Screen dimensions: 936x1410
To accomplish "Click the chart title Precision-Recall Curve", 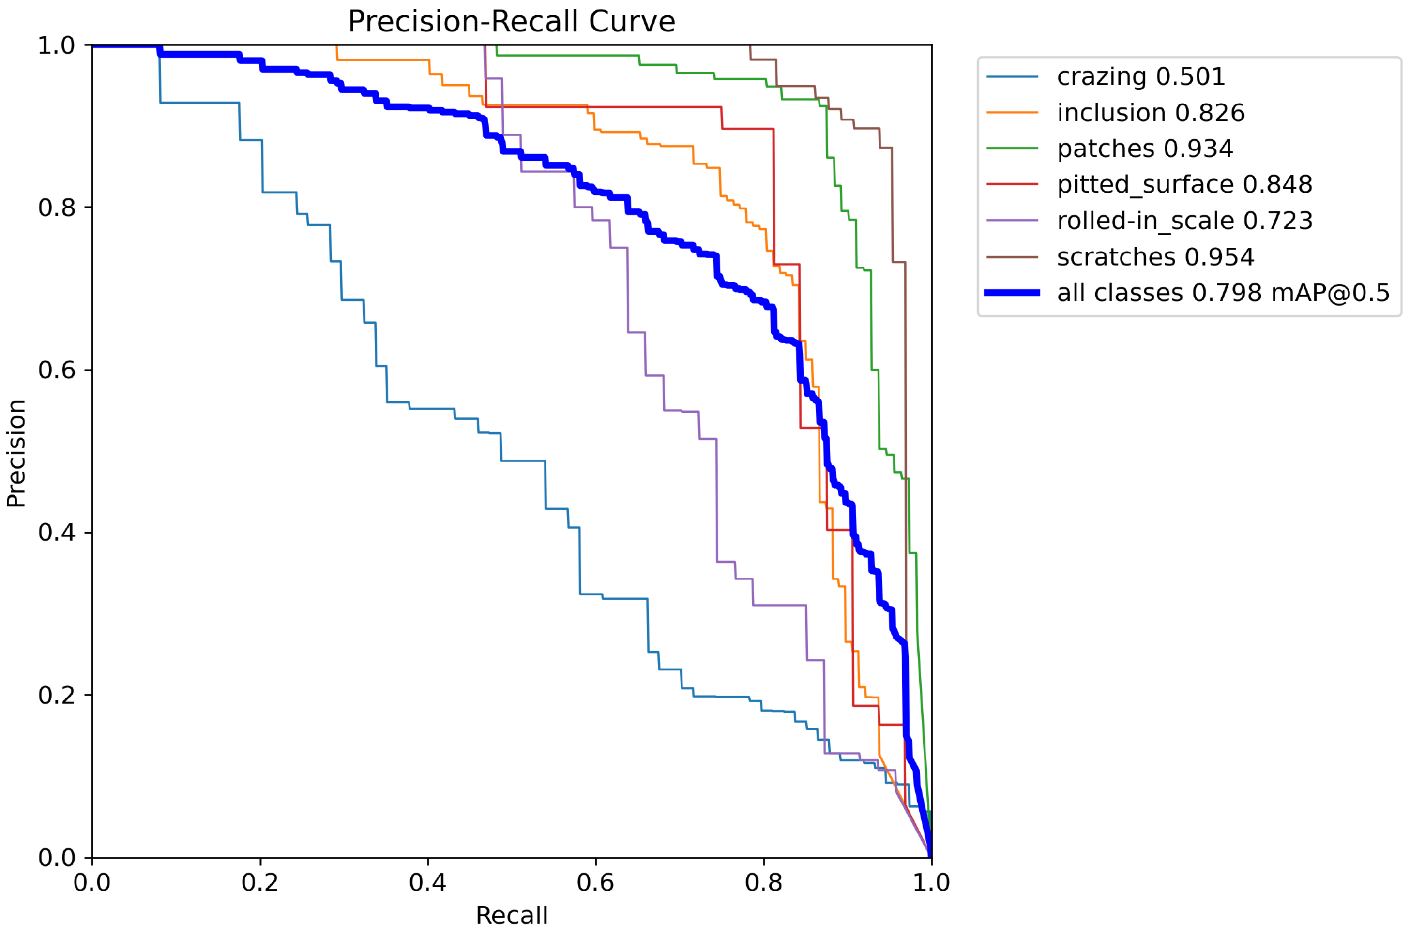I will click(x=511, y=21).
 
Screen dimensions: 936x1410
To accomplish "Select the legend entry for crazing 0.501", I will click(x=1141, y=76).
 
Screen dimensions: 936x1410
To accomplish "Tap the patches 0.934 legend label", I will click(x=1144, y=149).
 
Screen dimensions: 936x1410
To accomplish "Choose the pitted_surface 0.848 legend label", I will click(x=1184, y=184).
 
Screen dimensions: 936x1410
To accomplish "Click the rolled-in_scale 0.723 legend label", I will click(x=1184, y=221).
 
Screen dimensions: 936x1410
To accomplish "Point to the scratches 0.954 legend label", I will click(x=1155, y=257).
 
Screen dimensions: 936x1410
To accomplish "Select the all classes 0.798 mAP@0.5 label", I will click(x=1223, y=293).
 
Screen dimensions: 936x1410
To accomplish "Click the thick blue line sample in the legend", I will click(x=1012, y=293).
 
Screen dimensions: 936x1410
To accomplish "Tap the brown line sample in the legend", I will click(x=1012, y=257).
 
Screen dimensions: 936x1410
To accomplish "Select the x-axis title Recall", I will click(x=511, y=916).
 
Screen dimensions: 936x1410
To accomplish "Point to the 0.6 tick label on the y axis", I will click(x=57, y=370).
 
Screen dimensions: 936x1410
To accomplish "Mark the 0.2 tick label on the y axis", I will click(x=57, y=696).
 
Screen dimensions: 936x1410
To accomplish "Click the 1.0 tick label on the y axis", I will click(x=57, y=46).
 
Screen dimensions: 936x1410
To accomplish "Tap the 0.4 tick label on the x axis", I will click(x=427, y=883).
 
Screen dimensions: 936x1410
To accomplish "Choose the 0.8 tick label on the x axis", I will click(x=763, y=883).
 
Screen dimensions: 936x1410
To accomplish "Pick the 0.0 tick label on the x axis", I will click(x=92, y=883).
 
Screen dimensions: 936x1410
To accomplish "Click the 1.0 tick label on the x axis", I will click(x=931, y=883).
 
